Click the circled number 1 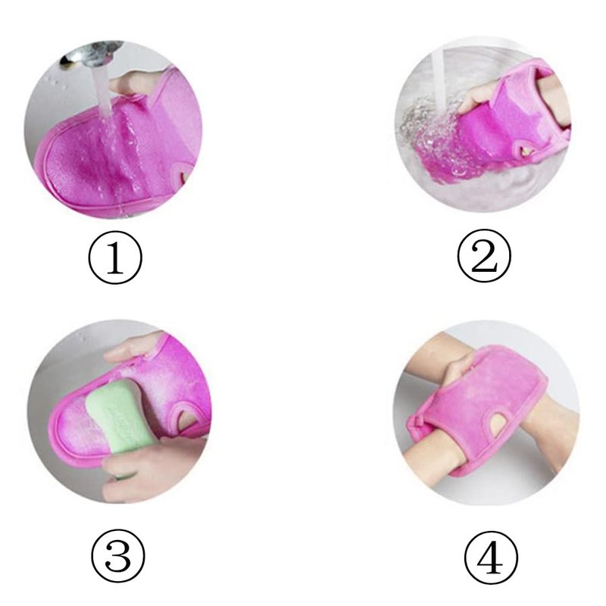pos(115,258)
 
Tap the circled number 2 pos(484,256)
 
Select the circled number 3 pos(118,556)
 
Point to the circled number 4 pos(491,558)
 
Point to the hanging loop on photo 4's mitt pos(417,421)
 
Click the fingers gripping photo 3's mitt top pos(133,348)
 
